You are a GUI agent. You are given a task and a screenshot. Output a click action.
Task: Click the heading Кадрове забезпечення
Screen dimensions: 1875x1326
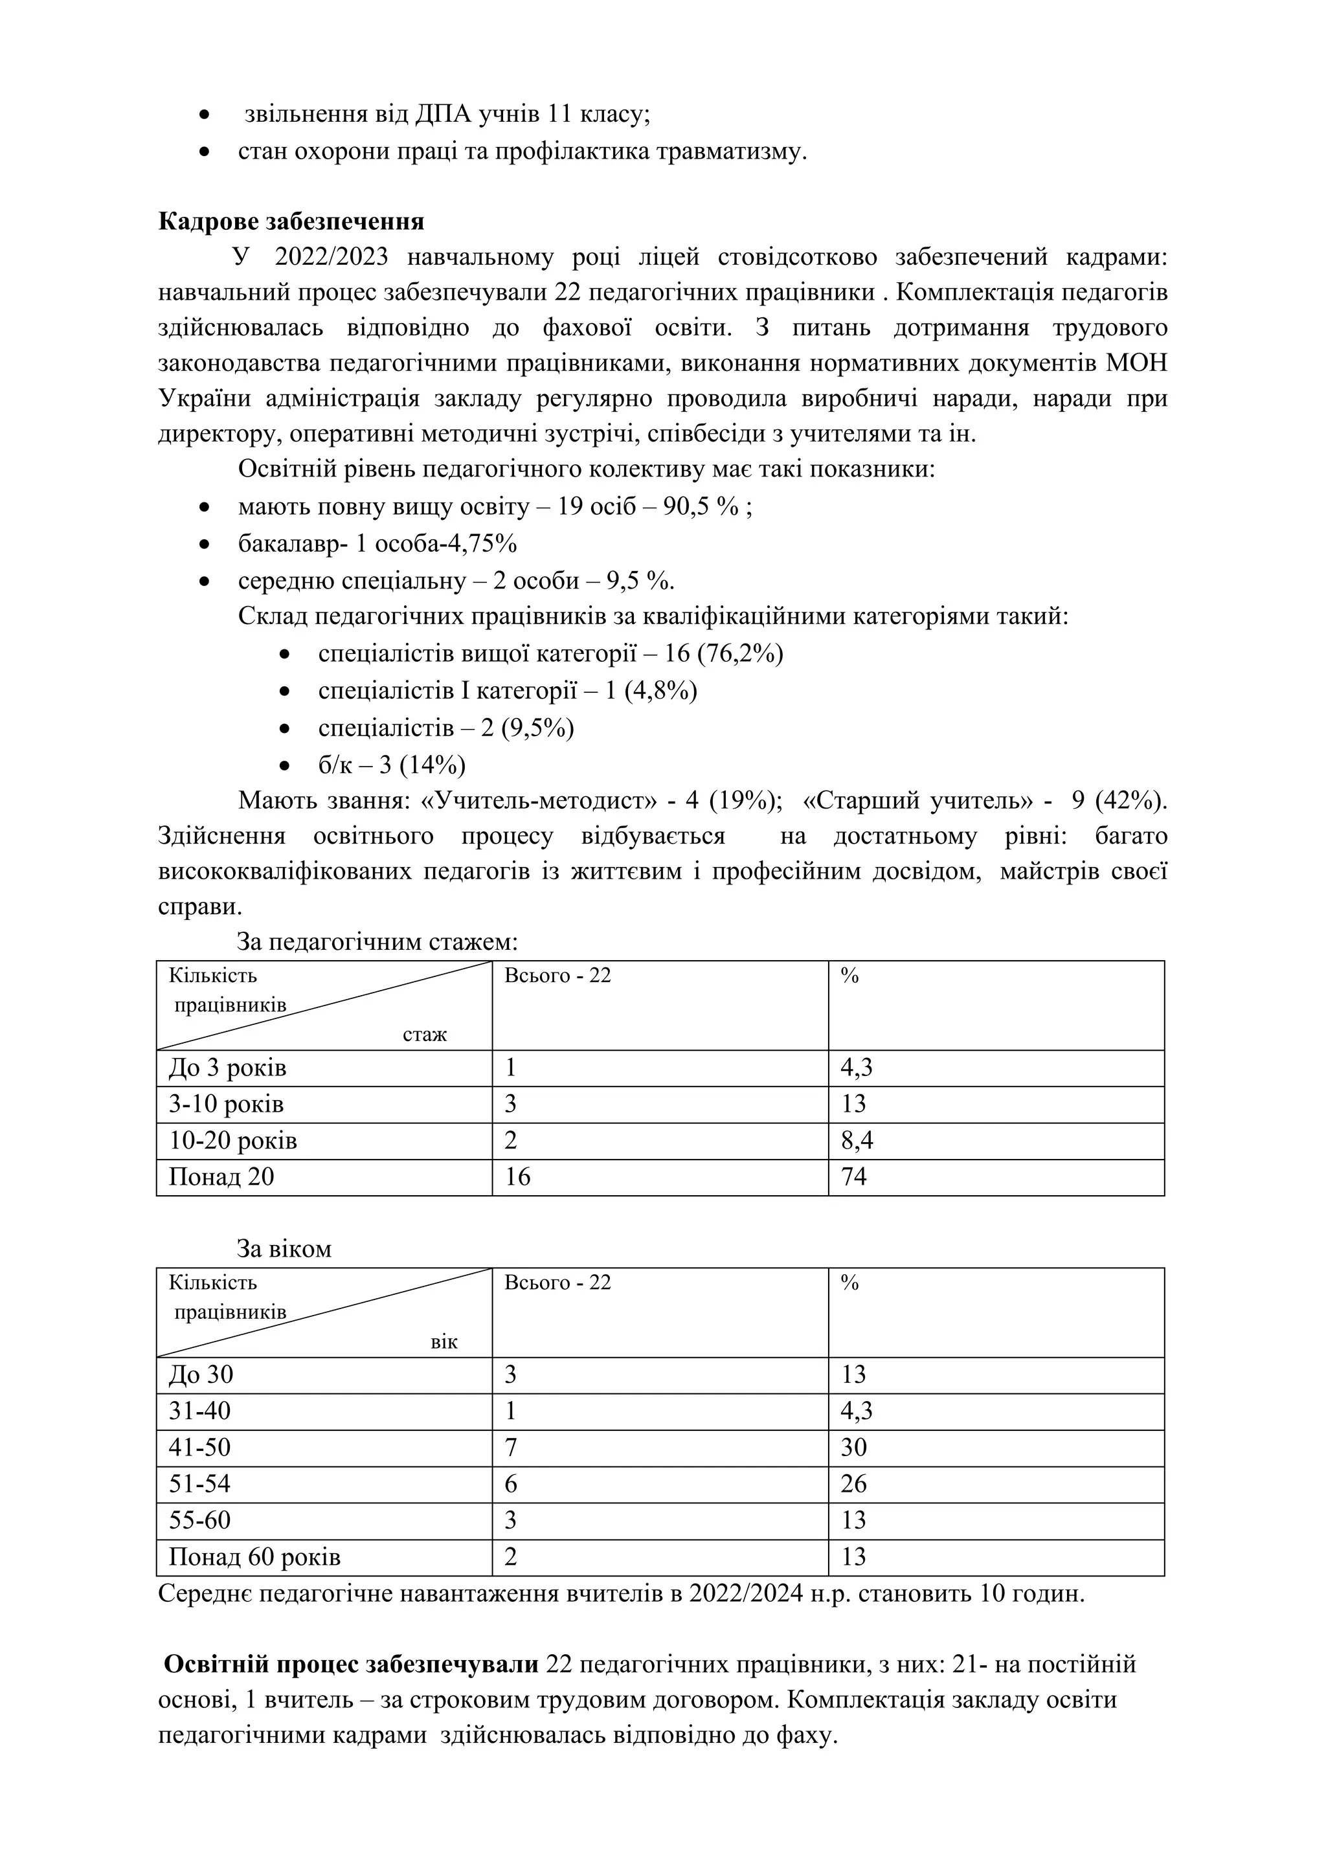click(291, 221)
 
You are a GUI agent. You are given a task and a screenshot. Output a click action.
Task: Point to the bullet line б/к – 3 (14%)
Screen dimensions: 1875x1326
click(392, 765)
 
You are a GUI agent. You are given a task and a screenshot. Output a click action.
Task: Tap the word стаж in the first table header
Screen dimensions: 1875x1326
click(425, 1035)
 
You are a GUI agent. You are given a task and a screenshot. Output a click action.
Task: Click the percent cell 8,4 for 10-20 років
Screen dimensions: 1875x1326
click(857, 1141)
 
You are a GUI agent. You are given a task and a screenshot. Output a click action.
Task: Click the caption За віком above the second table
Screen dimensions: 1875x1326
click(284, 1249)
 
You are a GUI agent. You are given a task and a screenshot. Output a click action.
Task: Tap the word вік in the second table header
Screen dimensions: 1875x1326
click(444, 1342)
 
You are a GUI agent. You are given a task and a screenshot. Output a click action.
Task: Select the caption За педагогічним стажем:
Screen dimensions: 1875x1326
click(377, 943)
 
